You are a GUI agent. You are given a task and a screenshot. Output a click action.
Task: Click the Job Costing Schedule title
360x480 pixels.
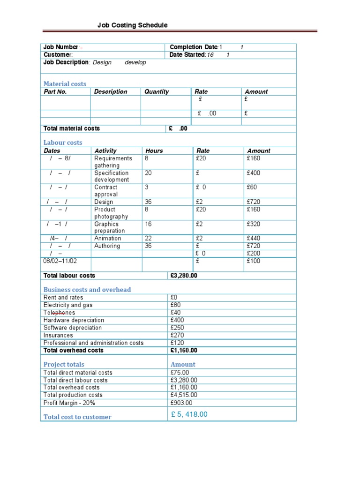tap(132, 25)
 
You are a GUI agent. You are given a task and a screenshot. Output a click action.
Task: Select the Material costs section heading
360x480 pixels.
tap(65, 84)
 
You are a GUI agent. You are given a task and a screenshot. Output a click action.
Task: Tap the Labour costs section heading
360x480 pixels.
tap(63, 142)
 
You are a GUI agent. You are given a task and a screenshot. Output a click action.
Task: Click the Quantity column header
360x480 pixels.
tap(157, 92)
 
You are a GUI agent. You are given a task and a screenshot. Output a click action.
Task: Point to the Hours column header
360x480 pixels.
tap(154, 151)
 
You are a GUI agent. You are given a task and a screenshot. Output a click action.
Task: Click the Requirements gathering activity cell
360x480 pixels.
tap(113, 162)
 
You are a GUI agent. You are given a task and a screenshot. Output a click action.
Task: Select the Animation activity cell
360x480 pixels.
tap(107, 238)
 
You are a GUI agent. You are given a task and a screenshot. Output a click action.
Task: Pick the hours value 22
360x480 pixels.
tap(149, 238)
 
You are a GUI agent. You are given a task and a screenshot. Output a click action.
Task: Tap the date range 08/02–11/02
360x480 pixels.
tap(60, 261)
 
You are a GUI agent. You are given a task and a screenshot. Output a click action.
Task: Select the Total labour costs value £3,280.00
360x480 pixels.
tap(184, 276)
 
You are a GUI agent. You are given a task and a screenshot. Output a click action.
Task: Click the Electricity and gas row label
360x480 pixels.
tap(68, 305)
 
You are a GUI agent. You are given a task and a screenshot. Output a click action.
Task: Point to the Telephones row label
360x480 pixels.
tap(59, 313)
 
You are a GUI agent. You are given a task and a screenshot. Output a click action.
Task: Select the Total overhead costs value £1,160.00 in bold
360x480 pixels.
tap(184, 350)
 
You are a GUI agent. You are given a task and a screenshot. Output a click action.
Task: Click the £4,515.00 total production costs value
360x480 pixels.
tap(184, 395)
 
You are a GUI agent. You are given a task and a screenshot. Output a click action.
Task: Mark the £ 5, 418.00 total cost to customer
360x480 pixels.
tap(189, 414)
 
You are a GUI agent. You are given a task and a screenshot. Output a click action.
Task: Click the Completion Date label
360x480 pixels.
tap(194, 47)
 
